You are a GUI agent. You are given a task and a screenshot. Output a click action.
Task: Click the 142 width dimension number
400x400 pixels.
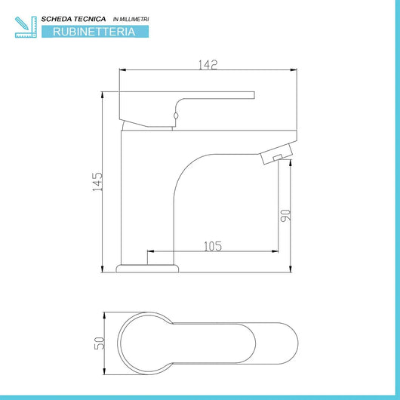(x=208, y=65)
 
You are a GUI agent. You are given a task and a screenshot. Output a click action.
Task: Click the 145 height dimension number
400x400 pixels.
(x=97, y=182)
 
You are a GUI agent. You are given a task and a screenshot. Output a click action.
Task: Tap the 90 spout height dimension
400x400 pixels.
(x=285, y=214)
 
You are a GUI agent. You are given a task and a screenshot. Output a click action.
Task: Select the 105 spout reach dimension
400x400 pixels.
(x=212, y=245)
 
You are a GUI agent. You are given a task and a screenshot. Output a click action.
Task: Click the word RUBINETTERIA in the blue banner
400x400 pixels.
(x=95, y=32)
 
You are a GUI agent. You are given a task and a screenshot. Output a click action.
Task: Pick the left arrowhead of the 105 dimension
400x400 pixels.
(x=149, y=251)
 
